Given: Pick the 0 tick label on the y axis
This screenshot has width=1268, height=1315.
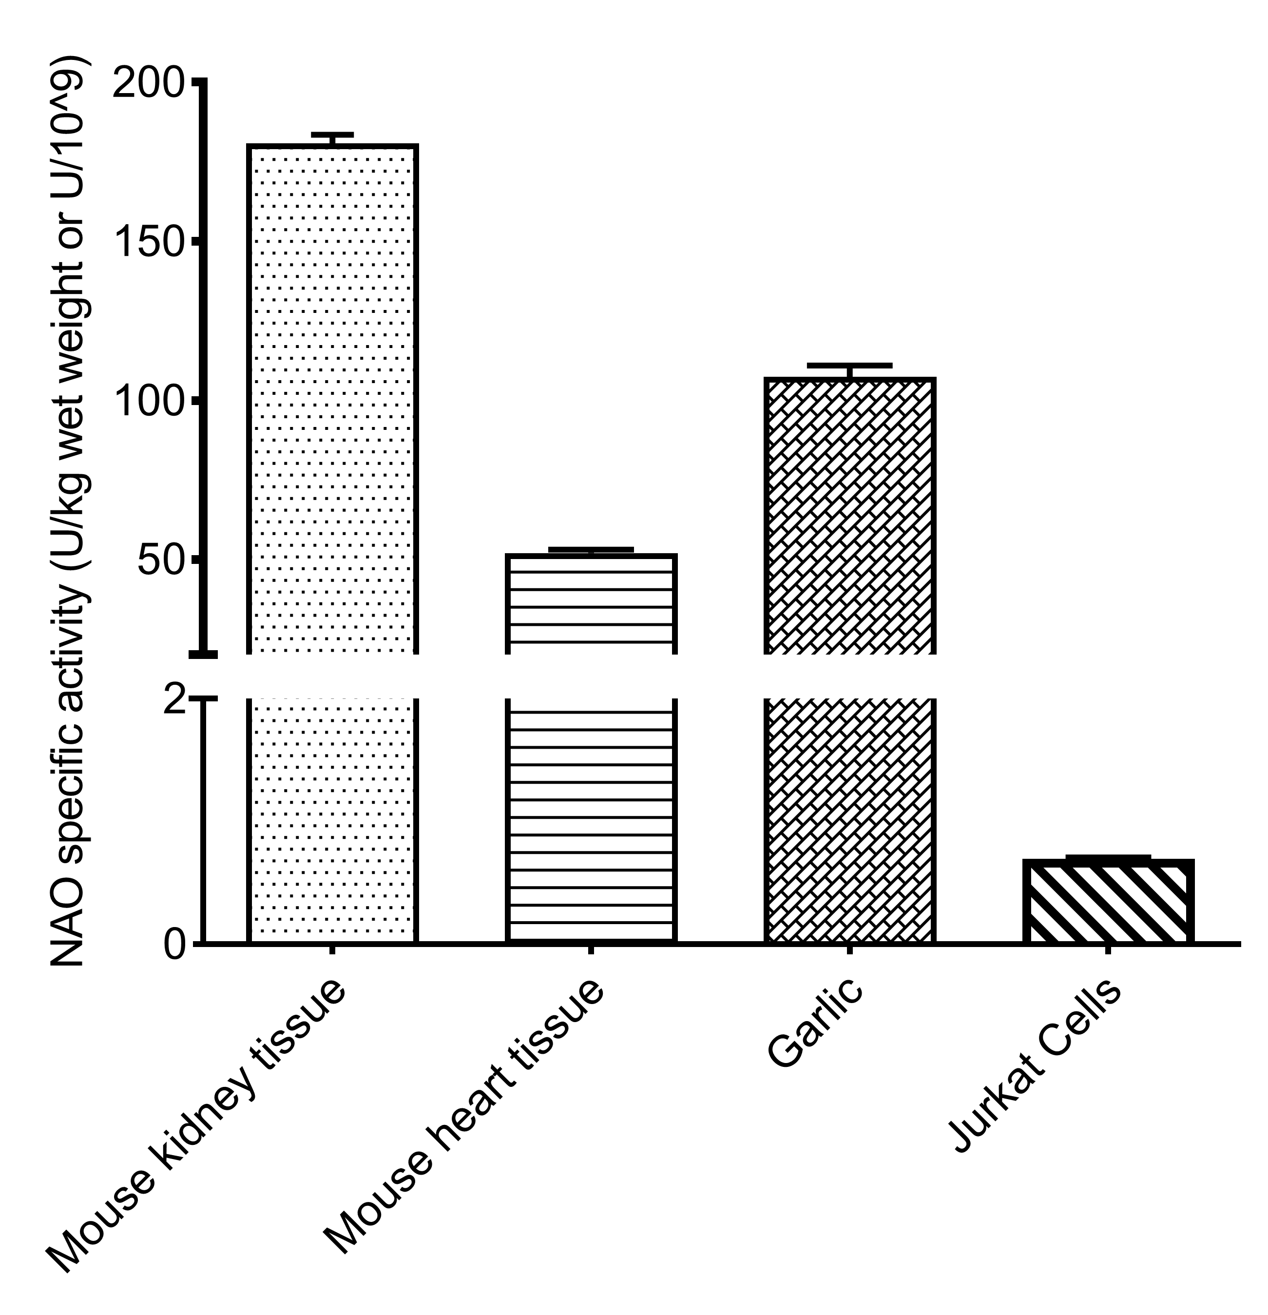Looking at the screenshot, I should click(176, 946).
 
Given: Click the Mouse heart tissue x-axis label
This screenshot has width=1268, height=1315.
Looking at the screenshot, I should click(463, 1117).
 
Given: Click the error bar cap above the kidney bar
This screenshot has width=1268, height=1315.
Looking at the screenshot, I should click(332, 135).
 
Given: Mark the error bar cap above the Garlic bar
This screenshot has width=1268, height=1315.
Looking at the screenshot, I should click(849, 365).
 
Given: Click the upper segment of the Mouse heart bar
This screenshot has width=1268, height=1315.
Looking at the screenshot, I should click(591, 604).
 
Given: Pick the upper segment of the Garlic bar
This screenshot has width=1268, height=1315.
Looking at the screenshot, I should click(849, 517).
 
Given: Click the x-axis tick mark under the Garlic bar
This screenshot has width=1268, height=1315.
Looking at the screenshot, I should click(849, 949).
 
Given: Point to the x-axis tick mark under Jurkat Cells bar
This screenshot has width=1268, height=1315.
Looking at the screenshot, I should click(1108, 949).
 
